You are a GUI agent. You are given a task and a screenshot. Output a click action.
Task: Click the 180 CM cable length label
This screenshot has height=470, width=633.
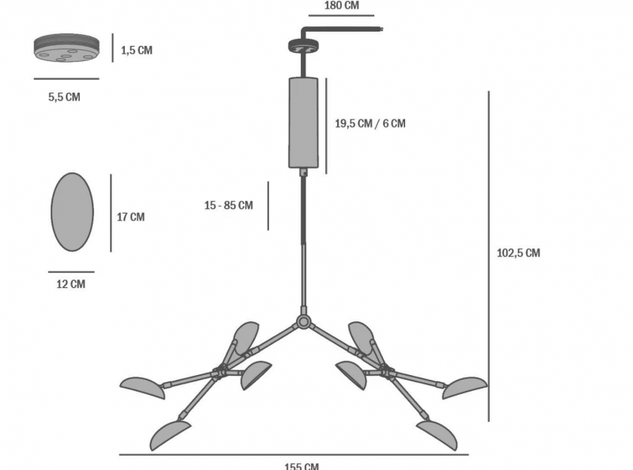pos(342,6)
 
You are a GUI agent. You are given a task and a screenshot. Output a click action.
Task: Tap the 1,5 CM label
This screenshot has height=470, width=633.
pos(137,50)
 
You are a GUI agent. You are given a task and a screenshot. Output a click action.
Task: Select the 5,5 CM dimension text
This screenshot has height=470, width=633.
pos(64,97)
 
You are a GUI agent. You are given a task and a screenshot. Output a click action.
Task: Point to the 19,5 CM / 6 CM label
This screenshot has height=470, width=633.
pos(370,123)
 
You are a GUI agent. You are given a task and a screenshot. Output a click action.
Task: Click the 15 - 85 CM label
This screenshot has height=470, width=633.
pos(229,205)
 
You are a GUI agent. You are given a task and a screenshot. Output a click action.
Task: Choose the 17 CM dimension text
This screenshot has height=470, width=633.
pos(131,217)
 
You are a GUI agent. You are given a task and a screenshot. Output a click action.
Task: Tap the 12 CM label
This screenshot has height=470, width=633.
pos(71,284)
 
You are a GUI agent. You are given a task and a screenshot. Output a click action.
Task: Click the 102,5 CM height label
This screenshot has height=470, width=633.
pos(518,252)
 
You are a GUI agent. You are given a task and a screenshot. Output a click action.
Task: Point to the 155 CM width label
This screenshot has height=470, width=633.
pos(301,466)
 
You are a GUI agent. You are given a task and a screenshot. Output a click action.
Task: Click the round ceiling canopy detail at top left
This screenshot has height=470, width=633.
pos(66,47)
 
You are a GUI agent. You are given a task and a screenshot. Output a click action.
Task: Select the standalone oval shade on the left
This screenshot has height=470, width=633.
pos(72,212)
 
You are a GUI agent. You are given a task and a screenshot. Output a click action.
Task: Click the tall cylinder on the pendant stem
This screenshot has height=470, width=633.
pos(303,123)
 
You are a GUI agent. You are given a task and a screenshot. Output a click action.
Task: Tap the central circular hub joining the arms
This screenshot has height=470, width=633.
pos(303,322)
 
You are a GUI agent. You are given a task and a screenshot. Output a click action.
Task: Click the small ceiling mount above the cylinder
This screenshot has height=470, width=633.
pos(303,46)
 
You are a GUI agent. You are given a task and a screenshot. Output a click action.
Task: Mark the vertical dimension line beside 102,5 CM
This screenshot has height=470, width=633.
pos(489,256)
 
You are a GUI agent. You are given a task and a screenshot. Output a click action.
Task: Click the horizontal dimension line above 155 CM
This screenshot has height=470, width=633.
pos(294,455)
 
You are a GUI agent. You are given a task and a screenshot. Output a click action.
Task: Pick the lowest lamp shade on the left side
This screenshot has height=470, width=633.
pos(170,435)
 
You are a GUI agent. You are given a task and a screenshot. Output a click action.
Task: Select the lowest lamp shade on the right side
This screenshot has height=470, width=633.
pos(437,435)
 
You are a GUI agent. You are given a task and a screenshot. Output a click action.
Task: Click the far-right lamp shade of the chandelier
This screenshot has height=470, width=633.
pos(464,388)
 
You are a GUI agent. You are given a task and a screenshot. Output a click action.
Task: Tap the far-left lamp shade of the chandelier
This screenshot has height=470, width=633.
pos(142,388)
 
